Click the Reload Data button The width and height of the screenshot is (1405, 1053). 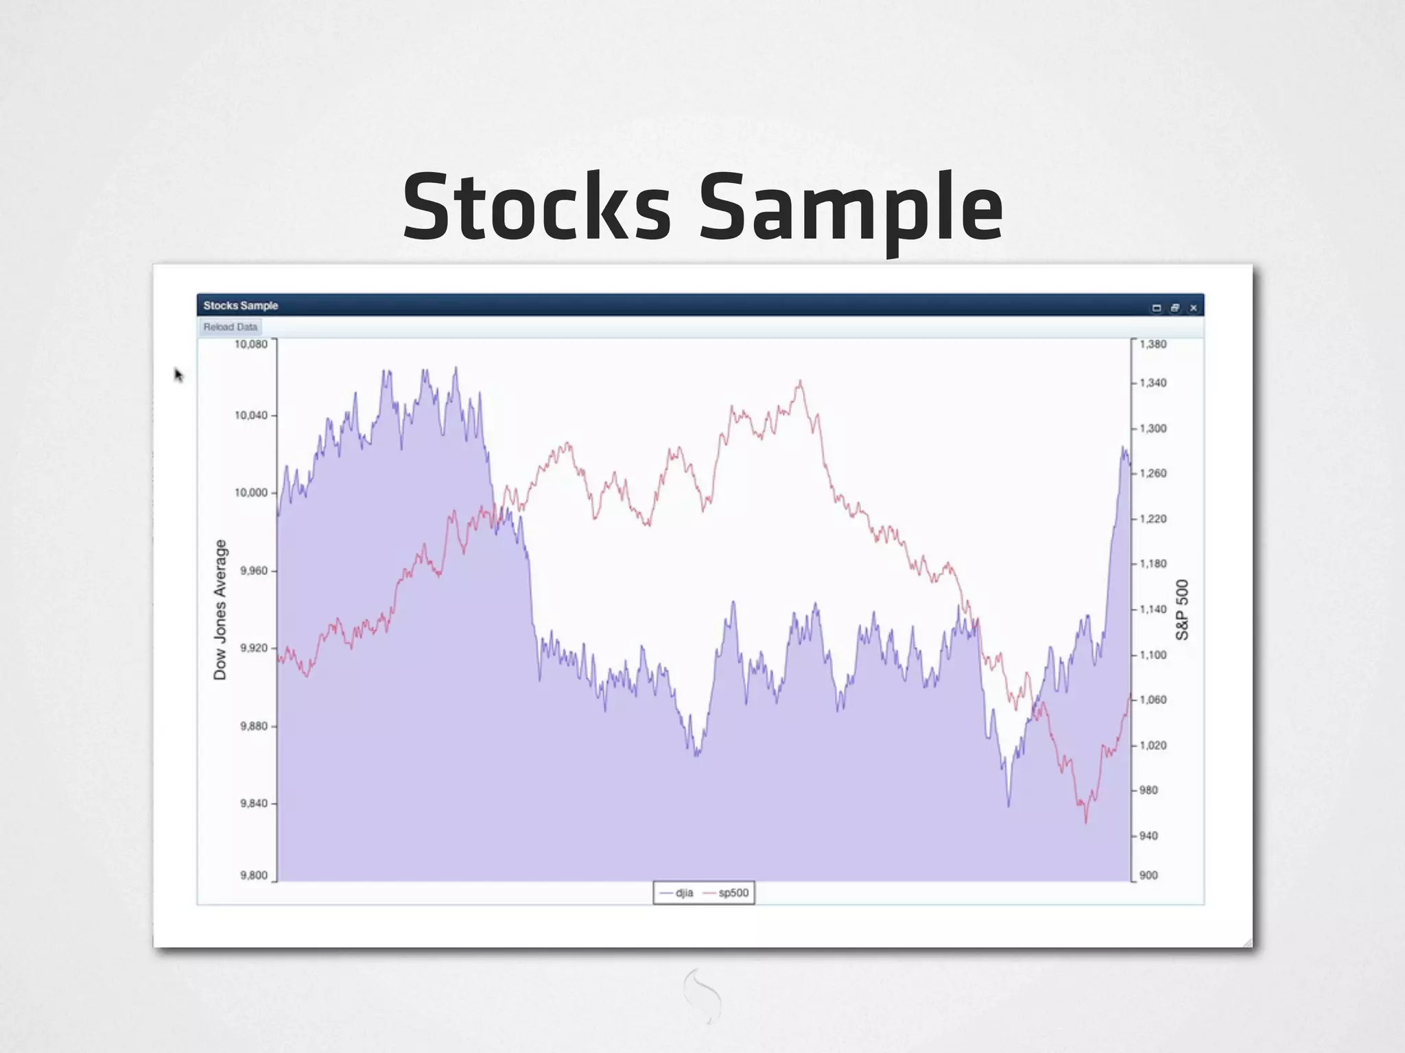point(230,327)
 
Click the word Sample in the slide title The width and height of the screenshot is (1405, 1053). point(850,208)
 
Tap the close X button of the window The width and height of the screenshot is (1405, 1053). point(1193,308)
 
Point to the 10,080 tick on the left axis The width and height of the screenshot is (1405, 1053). point(251,344)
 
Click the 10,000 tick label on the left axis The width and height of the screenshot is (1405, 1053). point(251,493)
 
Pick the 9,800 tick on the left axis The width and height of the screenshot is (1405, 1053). point(254,875)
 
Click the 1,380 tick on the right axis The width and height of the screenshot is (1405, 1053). point(1153,344)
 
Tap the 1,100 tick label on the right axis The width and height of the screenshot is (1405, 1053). point(1153,655)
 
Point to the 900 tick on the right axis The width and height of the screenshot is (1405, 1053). point(1148,875)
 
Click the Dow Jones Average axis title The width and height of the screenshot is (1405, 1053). point(220,609)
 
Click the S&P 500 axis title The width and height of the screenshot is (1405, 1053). point(1181,609)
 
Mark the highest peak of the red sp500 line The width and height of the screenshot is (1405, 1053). point(800,381)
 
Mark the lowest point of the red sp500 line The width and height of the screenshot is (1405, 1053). point(1085,821)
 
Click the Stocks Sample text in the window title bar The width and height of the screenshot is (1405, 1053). point(240,306)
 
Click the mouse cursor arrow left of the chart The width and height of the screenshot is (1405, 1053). point(178,374)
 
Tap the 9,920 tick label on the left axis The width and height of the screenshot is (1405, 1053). point(254,648)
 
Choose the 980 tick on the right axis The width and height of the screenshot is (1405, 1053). point(1148,790)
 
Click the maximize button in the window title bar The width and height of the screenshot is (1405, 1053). point(1174,308)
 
